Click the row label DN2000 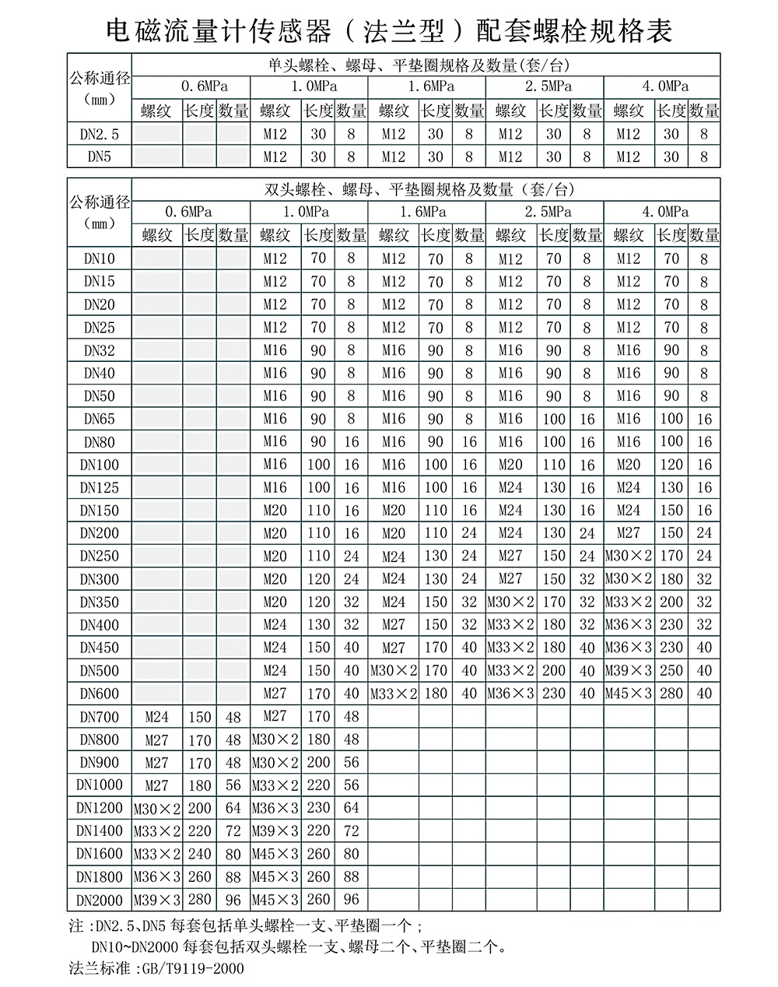tap(100, 900)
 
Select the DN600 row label tap(100, 694)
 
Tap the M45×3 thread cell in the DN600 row tap(629, 694)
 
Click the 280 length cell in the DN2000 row tap(200, 900)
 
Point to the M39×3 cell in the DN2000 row tap(157, 900)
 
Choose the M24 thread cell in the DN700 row tap(157, 717)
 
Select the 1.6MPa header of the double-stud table tap(426, 212)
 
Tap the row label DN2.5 tap(100, 134)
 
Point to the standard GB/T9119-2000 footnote tap(156, 969)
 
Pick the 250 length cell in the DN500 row tap(671, 671)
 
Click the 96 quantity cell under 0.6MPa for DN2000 tap(233, 900)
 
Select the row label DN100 tap(100, 465)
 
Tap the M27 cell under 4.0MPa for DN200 tap(629, 533)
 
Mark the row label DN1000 tap(100, 785)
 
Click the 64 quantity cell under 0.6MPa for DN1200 tap(233, 808)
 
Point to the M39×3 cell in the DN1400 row tap(275, 831)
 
